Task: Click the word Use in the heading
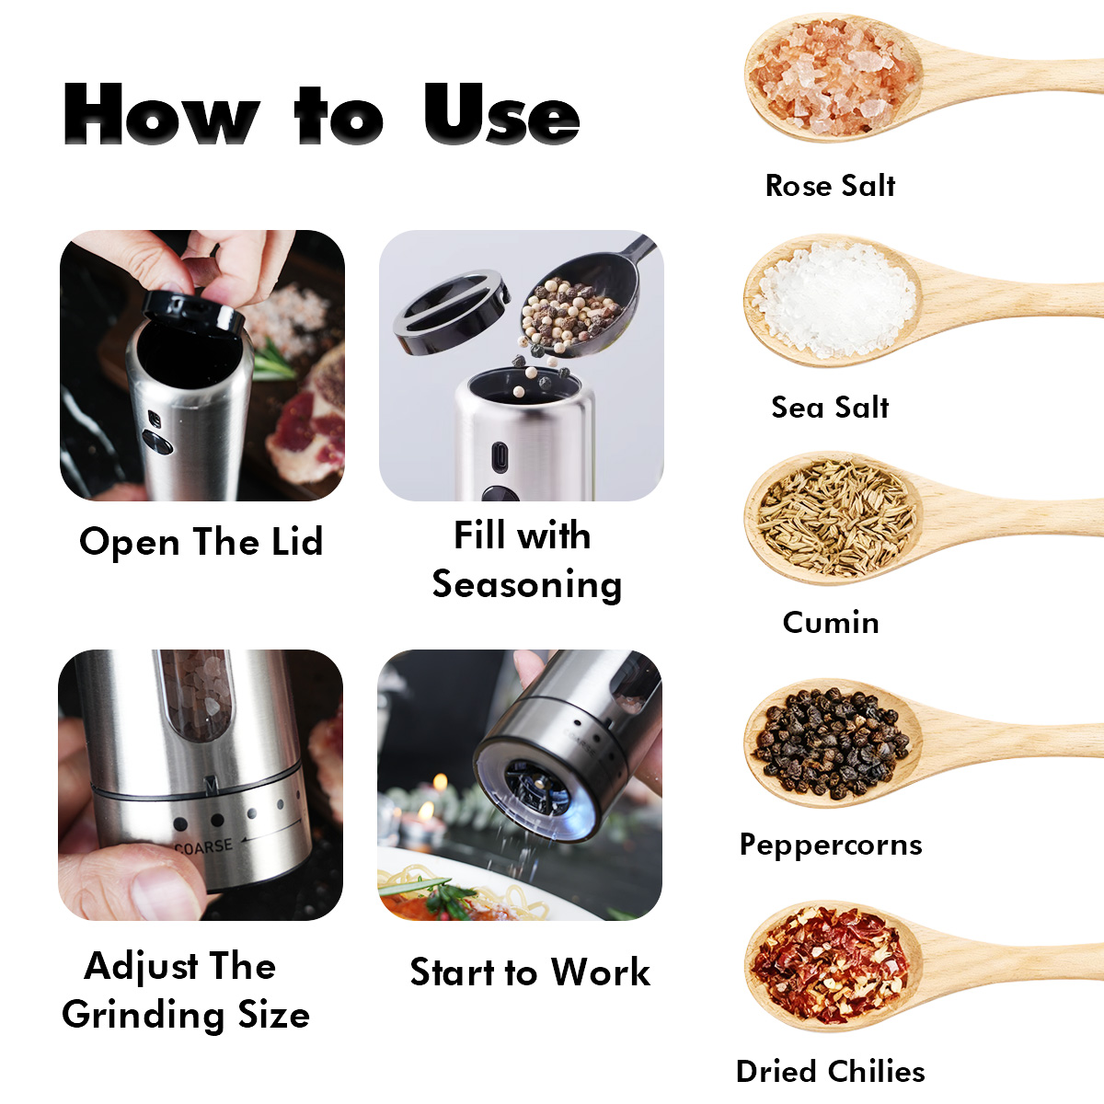501,113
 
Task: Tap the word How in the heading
162,113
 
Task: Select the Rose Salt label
830,186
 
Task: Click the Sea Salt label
830,408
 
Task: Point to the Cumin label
831,622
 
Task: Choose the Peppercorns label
831,845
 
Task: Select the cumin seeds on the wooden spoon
835,519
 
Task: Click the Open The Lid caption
201,542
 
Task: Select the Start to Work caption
530,972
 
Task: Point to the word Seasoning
527,585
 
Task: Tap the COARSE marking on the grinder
204,846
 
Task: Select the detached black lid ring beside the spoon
451,312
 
